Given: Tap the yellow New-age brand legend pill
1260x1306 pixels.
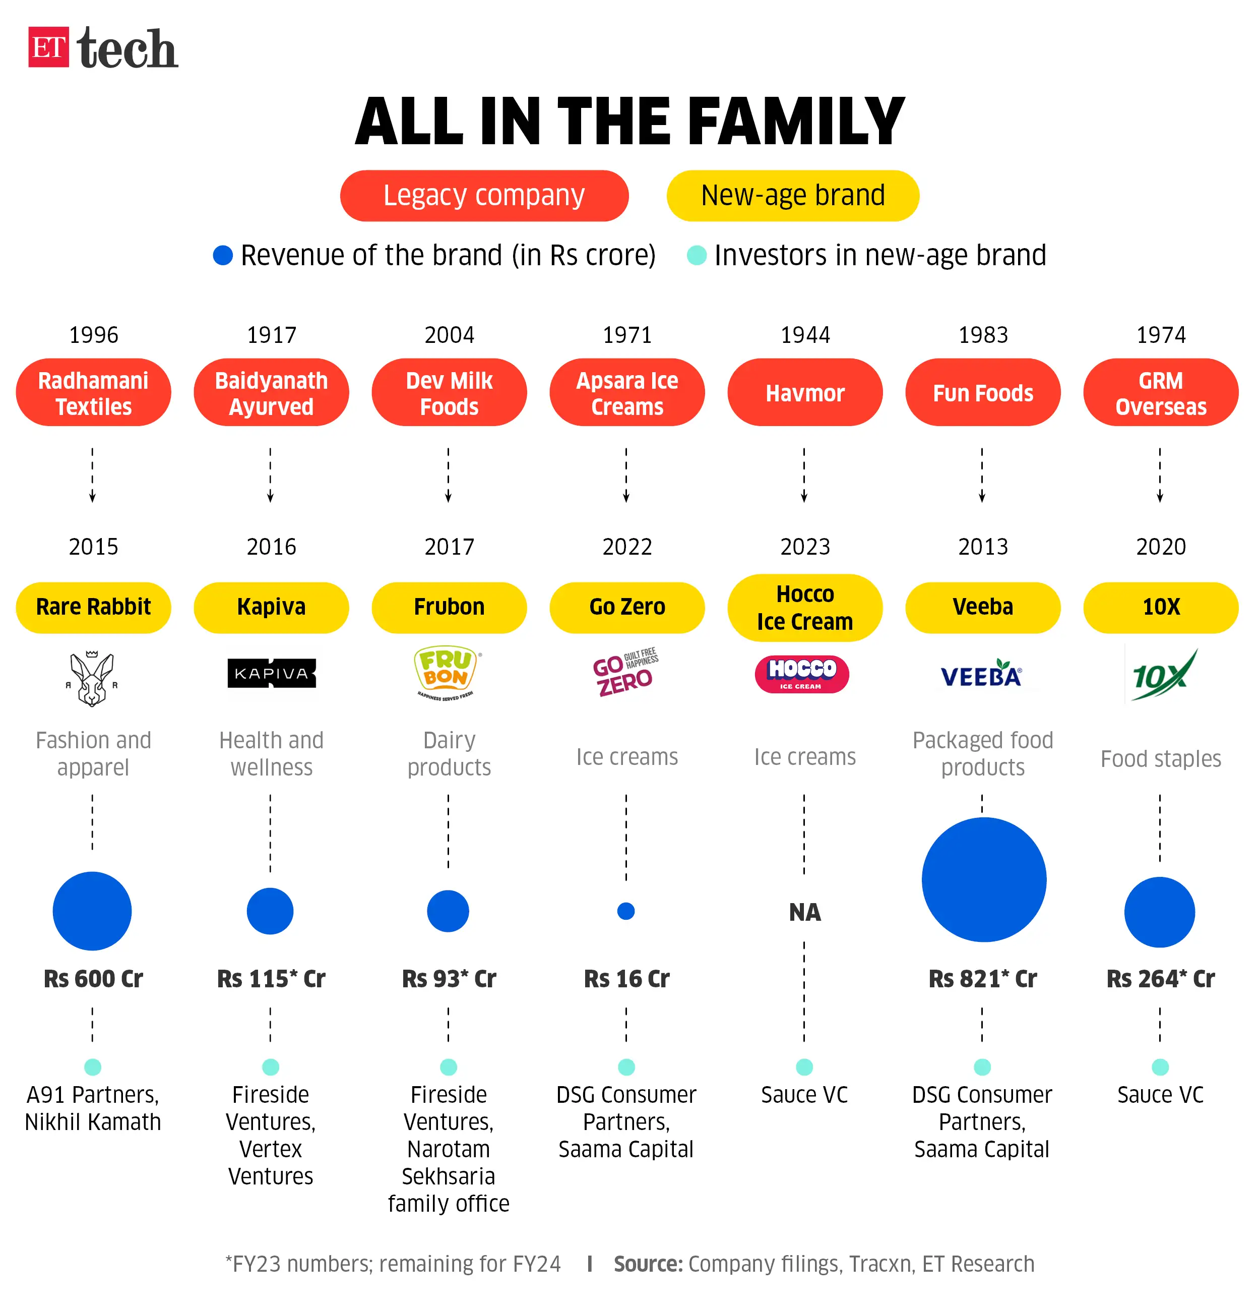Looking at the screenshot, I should point(792,196).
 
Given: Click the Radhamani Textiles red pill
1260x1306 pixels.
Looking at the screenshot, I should point(93,393).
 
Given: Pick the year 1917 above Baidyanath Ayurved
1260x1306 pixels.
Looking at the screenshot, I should point(271,334).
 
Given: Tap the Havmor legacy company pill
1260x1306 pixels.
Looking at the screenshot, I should point(804,393).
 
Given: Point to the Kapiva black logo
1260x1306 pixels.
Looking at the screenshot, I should point(271,673).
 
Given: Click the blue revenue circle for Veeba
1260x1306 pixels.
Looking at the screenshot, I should point(983,879).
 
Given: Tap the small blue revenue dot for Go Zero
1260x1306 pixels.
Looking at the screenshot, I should point(626,911).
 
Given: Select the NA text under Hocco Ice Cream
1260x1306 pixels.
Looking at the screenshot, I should point(804,912).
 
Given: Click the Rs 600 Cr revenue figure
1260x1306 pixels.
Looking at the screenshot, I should point(93,979).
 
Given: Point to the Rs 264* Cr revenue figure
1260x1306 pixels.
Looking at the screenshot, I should point(1160,979).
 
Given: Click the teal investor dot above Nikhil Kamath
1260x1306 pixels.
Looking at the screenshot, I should point(93,1067).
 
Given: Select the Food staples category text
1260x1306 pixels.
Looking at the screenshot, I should point(1160,759).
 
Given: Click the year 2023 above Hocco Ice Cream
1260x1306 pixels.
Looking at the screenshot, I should point(804,547).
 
